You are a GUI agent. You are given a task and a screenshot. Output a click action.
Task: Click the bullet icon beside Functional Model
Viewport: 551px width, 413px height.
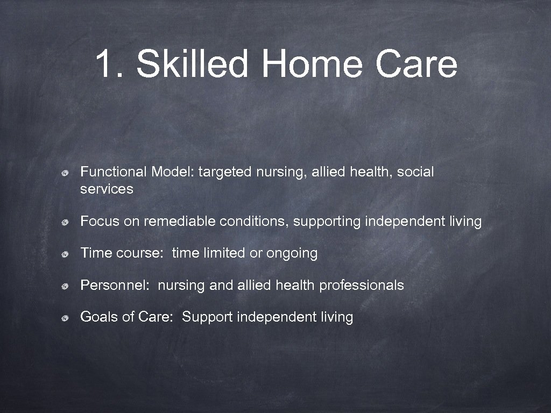click(64, 173)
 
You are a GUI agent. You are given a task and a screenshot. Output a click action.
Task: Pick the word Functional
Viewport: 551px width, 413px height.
click(114, 172)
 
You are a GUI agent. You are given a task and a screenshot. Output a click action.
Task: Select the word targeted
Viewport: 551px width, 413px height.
click(225, 172)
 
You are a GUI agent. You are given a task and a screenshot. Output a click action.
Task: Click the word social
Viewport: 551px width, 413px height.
click(415, 172)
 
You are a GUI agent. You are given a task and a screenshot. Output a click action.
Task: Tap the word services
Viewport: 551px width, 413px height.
click(107, 189)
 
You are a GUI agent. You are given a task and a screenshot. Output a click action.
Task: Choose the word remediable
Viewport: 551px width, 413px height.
click(180, 222)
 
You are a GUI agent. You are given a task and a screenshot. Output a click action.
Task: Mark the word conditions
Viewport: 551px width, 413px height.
click(256, 222)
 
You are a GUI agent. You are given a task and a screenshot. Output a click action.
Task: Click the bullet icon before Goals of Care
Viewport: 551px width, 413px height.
click(64, 318)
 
